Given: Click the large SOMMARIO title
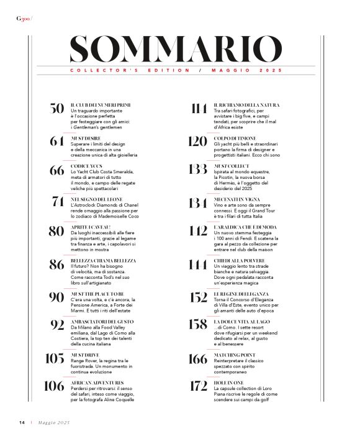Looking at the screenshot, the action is click(x=176, y=49).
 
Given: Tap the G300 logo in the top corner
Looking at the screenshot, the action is click(x=23, y=19).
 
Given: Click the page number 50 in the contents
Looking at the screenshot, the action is click(x=57, y=109).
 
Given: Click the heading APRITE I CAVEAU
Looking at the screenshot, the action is click(x=92, y=227).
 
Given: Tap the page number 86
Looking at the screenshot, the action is click(x=57, y=265).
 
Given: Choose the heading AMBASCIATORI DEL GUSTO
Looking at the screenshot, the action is click(x=102, y=321).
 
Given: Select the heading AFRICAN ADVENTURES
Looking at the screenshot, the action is click(x=97, y=382).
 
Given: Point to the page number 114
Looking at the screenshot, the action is click(x=199, y=109).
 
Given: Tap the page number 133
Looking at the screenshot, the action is click(x=197, y=171).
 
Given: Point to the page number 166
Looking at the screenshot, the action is click(x=197, y=358).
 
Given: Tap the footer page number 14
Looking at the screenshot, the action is click(x=22, y=423).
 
